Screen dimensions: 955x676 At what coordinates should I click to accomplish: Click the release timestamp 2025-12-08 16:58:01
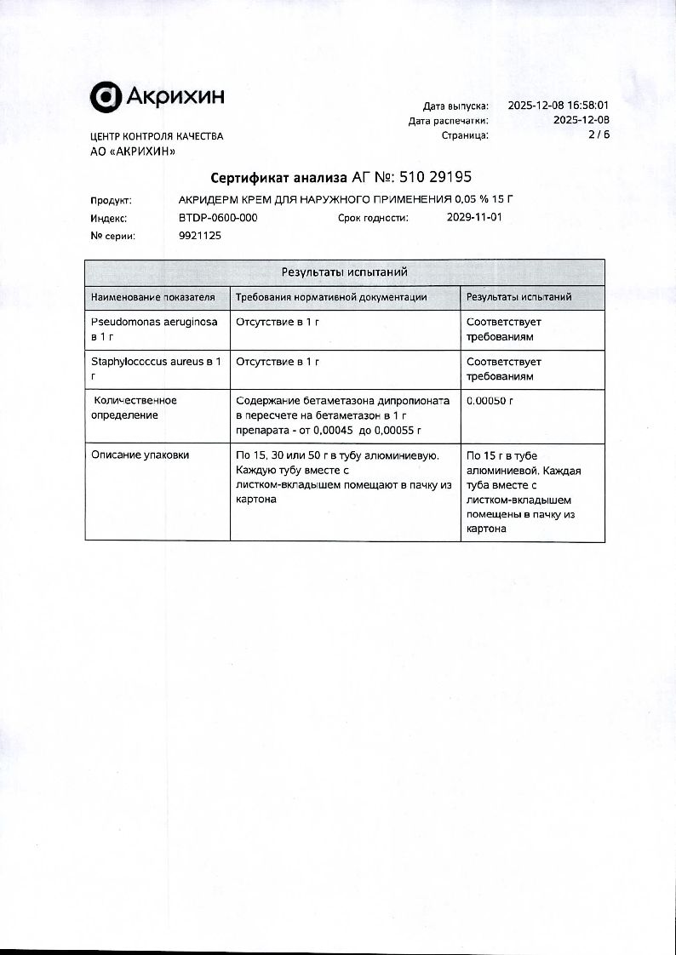click(x=558, y=106)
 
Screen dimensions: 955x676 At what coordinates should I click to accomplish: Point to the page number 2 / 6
click(x=599, y=134)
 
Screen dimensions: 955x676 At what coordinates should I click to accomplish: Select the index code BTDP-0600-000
click(x=218, y=218)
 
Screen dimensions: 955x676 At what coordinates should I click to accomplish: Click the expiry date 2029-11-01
click(x=474, y=218)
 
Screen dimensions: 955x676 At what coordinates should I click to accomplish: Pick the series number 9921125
click(x=200, y=236)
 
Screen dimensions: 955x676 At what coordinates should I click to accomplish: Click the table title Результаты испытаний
click(x=345, y=272)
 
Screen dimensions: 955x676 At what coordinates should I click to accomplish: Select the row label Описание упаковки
click(x=140, y=455)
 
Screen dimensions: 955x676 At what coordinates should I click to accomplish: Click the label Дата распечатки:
click(x=449, y=121)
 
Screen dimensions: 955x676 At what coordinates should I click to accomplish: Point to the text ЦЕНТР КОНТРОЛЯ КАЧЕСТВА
click(x=157, y=136)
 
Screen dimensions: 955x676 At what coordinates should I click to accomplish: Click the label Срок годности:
click(x=373, y=218)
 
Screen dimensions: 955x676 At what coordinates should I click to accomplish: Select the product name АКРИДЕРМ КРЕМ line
click(x=347, y=200)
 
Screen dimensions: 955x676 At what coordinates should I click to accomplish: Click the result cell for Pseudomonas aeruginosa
click(x=504, y=329)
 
